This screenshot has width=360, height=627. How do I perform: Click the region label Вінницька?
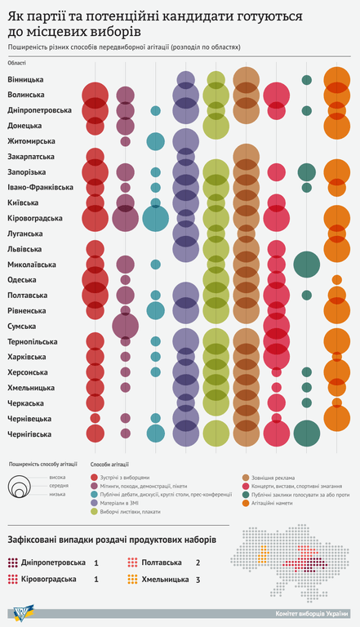pos(26,79)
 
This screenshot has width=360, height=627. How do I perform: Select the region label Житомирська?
pos(32,140)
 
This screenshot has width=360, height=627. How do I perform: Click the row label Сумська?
pos(23,326)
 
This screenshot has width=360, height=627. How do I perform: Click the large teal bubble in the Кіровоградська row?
pos(155,218)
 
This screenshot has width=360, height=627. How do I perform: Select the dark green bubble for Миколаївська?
pos(306,265)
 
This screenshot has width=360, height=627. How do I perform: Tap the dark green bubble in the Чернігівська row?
pos(306,434)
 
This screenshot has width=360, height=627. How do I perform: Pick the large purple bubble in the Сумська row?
pos(125,326)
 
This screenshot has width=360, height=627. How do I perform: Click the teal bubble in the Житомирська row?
pos(155,140)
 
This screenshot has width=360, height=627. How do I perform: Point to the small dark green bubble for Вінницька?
pos(306,80)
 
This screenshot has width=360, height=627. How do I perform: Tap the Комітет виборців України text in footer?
pos(311,614)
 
